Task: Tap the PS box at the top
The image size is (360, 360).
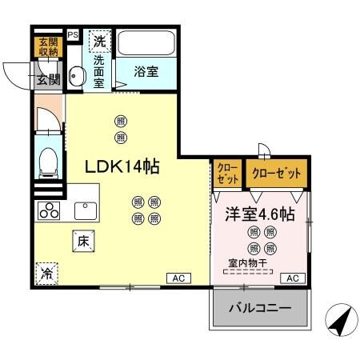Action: coord(73,35)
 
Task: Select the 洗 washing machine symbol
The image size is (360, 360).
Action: coord(98,40)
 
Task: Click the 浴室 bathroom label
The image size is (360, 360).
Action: coord(146,70)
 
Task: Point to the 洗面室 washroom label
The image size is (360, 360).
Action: coord(98,70)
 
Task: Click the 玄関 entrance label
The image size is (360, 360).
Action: coord(47,78)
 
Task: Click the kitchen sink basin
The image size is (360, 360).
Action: coord(85,210)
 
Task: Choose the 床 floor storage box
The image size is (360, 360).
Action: coord(82,239)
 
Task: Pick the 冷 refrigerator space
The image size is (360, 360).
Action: coord(46,272)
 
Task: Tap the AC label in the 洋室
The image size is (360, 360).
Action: coord(293,278)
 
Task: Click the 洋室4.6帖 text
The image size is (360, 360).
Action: coord(259,214)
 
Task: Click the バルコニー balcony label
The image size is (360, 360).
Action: coord(260,308)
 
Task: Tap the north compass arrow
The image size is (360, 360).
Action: coord(339,322)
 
